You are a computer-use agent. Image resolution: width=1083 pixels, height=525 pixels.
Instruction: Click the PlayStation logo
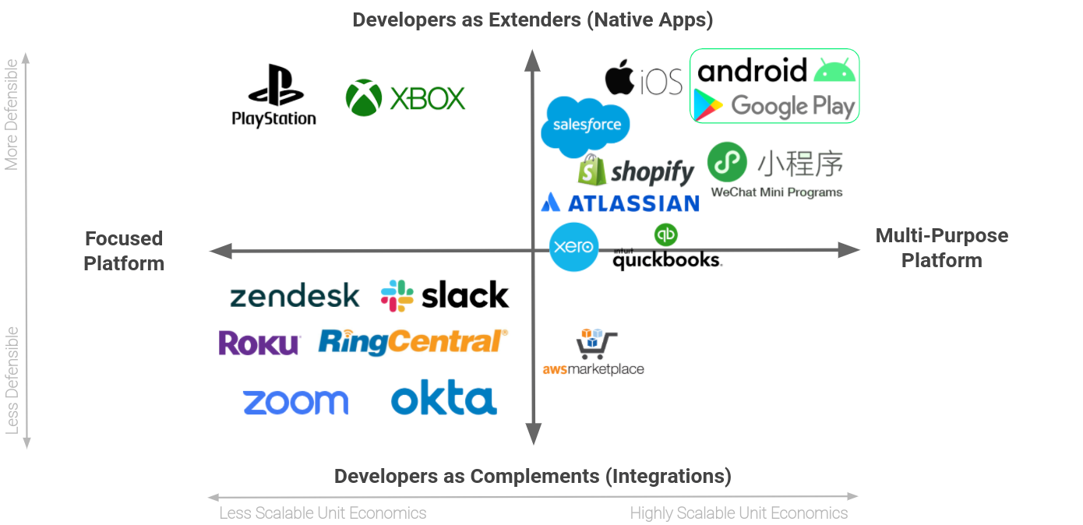274,95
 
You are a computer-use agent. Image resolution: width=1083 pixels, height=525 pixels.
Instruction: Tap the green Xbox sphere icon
364,98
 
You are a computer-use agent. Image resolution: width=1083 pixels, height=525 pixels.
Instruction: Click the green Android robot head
834,70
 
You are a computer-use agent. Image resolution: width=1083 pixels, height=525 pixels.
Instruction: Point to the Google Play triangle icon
708,106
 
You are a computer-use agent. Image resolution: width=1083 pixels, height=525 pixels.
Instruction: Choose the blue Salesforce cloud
586,126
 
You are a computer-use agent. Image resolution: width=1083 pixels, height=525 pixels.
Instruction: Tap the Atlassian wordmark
630,203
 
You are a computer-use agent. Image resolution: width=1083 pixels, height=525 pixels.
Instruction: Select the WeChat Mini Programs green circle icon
727,163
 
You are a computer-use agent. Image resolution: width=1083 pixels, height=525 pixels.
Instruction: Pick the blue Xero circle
574,248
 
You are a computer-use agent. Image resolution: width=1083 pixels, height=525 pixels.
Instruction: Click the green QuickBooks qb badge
666,234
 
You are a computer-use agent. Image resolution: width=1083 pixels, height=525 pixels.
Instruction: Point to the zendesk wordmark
295,296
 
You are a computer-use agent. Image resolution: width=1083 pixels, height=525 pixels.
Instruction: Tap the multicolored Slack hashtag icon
397,296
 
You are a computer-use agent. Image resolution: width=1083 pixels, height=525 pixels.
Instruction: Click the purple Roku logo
259,343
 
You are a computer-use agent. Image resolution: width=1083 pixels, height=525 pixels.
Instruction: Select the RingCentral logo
413,342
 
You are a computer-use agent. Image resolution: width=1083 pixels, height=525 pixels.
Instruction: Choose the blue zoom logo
295,402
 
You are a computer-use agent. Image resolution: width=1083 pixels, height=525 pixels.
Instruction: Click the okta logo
443,400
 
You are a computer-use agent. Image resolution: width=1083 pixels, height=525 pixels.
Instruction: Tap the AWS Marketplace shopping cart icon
596,344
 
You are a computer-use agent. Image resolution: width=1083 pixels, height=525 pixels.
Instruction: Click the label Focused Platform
124,251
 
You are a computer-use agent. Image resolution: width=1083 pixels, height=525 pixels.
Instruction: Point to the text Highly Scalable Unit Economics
739,513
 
